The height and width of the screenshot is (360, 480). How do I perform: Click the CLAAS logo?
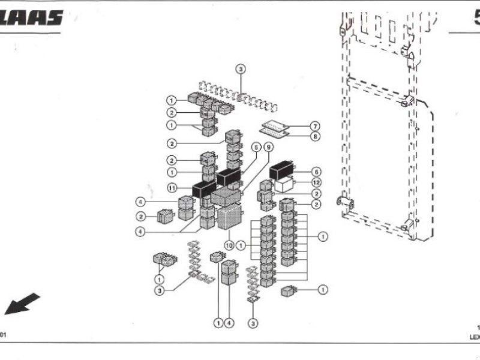(x=31, y=19)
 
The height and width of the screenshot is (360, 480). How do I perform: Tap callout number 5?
(x=256, y=146)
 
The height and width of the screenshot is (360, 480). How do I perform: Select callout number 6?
(x=317, y=172)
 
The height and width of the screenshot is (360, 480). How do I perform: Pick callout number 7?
(x=316, y=126)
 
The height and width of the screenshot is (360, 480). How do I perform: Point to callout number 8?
(x=316, y=137)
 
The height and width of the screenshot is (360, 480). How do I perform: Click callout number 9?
(x=268, y=146)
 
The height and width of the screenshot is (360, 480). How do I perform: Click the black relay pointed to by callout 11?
(x=204, y=189)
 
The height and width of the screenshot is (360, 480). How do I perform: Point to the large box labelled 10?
(x=229, y=217)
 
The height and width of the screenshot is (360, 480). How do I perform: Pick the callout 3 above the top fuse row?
(x=241, y=70)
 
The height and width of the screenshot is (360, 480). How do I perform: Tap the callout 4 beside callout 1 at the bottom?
(x=229, y=323)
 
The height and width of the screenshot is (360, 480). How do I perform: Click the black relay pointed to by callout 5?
(x=229, y=176)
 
